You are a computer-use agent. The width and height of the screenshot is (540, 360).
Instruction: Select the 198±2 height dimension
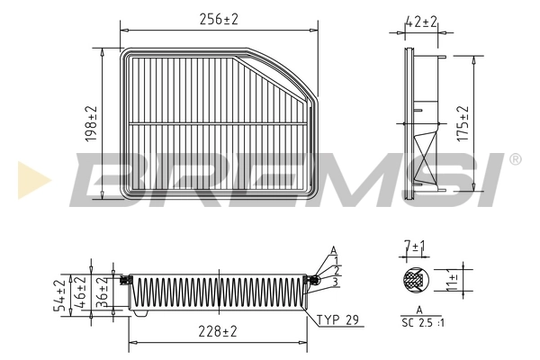(x=92, y=123)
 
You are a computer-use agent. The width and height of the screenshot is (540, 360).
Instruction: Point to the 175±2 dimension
(x=464, y=122)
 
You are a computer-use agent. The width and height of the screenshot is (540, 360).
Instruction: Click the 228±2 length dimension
(x=219, y=332)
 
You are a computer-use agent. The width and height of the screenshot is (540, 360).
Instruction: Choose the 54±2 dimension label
(x=60, y=295)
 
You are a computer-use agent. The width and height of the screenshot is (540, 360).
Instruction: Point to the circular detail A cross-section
(x=416, y=280)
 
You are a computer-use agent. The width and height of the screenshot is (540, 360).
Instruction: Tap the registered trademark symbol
(x=514, y=159)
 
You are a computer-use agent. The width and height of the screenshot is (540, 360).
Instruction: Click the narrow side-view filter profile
(x=422, y=123)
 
